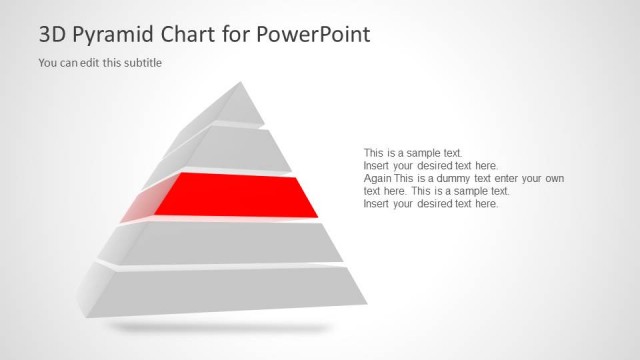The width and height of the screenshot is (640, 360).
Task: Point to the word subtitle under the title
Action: (141, 63)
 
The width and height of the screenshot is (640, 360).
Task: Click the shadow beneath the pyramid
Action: (220, 327)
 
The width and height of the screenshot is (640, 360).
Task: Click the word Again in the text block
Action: (378, 178)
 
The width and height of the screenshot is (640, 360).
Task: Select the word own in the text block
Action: (553, 178)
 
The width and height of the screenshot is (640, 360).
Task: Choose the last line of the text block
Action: (430, 204)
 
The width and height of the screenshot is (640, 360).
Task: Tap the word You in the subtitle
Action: (47, 63)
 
